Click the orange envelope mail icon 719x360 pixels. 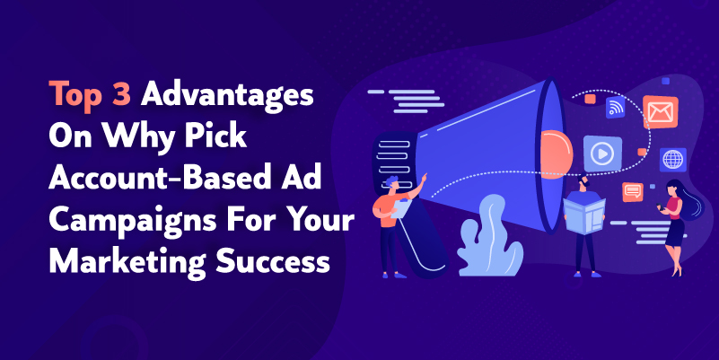[x=661, y=112]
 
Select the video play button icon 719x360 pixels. [x=602, y=154]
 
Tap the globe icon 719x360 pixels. [x=672, y=160]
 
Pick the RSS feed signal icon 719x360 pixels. [x=616, y=108]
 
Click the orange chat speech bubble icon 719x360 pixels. [x=632, y=192]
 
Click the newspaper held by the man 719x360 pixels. [x=583, y=216]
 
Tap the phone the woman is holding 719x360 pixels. [x=659, y=206]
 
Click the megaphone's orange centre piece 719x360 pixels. [x=557, y=154]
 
